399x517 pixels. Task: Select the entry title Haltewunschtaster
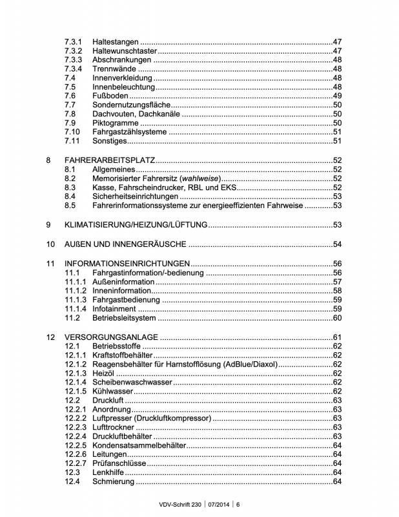pyautogui.click(x=125, y=50)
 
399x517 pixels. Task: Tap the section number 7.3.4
pyautogui.click(x=73, y=69)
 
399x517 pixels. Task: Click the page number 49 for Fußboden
pyautogui.click(x=336, y=96)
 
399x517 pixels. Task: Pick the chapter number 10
pyautogui.click(x=50, y=244)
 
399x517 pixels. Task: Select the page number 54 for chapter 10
pyautogui.click(x=336, y=244)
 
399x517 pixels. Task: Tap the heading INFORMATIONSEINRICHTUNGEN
pyautogui.click(x=127, y=264)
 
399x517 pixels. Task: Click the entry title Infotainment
pyautogui.click(x=115, y=309)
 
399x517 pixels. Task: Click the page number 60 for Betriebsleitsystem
pyautogui.click(x=336, y=318)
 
